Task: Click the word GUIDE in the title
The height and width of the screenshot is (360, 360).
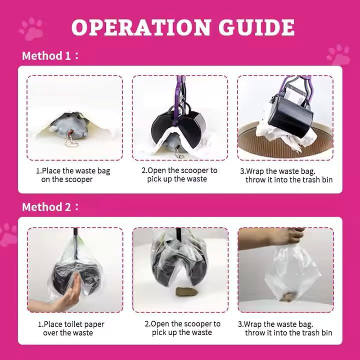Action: point(256,28)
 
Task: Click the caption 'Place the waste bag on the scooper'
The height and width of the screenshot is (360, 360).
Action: point(73,175)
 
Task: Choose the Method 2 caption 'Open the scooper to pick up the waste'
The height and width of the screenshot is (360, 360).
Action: point(182,328)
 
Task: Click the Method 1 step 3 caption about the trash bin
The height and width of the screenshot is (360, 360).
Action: point(286,175)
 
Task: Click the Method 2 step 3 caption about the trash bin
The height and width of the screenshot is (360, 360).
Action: point(285,328)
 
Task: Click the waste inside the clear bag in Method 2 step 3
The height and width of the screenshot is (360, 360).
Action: point(286,296)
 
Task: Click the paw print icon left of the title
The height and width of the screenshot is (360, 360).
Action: point(31,28)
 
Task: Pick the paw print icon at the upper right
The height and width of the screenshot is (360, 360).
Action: point(338,54)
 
